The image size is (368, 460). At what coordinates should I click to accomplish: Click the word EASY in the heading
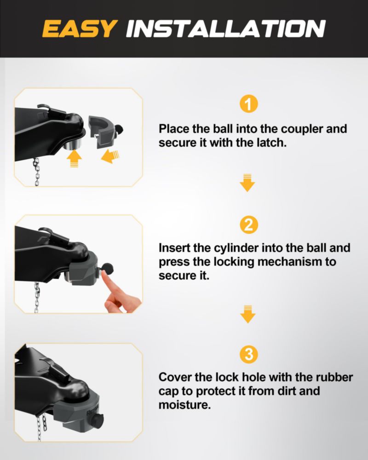click(80, 29)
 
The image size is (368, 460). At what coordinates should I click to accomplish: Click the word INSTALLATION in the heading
click(226, 29)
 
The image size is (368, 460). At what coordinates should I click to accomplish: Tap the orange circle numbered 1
click(248, 104)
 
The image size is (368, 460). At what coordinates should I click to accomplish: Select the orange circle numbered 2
click(248, 225)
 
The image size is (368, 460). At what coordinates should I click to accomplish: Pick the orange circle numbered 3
click(248, 354)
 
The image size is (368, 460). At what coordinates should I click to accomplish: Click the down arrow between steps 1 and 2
click(247, 183)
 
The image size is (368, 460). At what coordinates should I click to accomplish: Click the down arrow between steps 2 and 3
click(247, 314)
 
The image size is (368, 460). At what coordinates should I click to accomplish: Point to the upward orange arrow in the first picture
click(74, 158)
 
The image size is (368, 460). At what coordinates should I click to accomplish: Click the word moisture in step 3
click(184, 405)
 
